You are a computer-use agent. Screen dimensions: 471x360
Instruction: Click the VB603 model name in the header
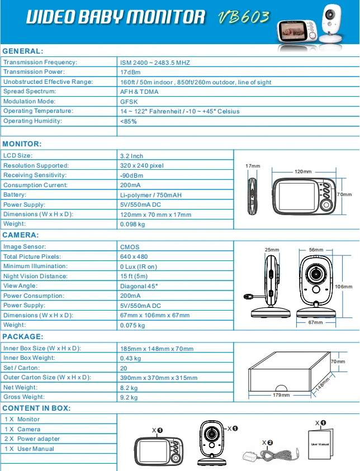(x=244, y=17)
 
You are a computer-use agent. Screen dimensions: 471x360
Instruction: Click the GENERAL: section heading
(x=23, y=51)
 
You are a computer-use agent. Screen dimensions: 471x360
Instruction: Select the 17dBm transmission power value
(x=130, y=72)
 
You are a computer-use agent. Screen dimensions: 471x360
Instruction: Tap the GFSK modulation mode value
(x=129, y=102)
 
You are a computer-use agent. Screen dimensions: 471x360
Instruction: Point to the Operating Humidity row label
(x=32, y=121)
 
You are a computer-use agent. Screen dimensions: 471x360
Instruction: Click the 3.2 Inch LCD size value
(x=132, y=156)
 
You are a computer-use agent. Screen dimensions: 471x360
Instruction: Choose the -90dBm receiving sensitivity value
(x=132, y=175)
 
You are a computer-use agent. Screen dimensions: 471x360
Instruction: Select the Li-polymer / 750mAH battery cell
(x=150, y=195)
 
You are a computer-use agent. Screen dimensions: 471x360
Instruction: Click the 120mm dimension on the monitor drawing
(x=302, y=170)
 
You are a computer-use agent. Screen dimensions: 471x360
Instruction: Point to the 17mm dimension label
(x=253, y=166)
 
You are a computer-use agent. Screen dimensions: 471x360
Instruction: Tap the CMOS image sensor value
(x=130, y=247)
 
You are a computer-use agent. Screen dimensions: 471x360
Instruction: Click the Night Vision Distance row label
(x=35, y=276)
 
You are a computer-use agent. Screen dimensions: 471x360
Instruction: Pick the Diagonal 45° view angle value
(x=139, y=286)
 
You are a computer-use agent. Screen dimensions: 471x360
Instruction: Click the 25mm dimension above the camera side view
(x=272, y=250)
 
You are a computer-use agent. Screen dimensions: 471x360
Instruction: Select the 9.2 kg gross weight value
(x=129, y=398)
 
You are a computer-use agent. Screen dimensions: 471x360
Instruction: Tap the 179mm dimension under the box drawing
(x=281, y=395)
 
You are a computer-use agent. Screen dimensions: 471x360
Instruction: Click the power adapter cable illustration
(x=269, y=454)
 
